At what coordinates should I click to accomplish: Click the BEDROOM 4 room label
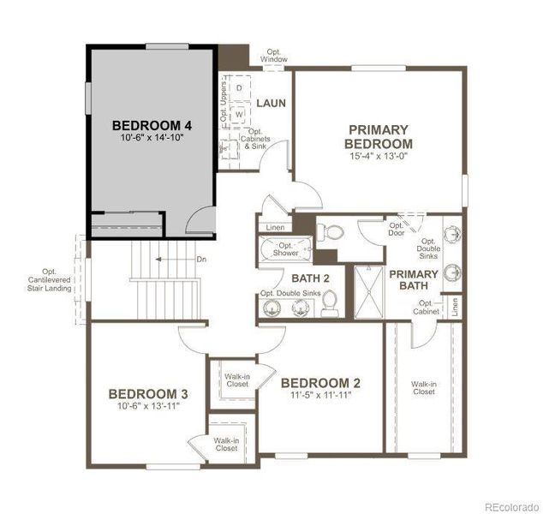(x=152, y=126)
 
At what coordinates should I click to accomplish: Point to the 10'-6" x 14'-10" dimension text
(x=152, y=139)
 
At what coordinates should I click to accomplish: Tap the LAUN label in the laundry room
(x=271, y=104)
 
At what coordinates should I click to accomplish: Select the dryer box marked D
(x=240, y=88)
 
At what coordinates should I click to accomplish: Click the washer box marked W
(x=240, y=112)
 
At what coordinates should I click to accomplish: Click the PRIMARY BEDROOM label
(x=379, y=137)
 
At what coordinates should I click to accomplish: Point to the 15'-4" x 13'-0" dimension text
(x=379, y=157)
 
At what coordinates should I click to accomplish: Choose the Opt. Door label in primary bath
(x=396, y=229)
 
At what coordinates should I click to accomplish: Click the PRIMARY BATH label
(x=414, y=280)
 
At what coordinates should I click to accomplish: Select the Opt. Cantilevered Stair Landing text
(x=49, y=282)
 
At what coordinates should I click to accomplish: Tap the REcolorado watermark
(x=509, y=505)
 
